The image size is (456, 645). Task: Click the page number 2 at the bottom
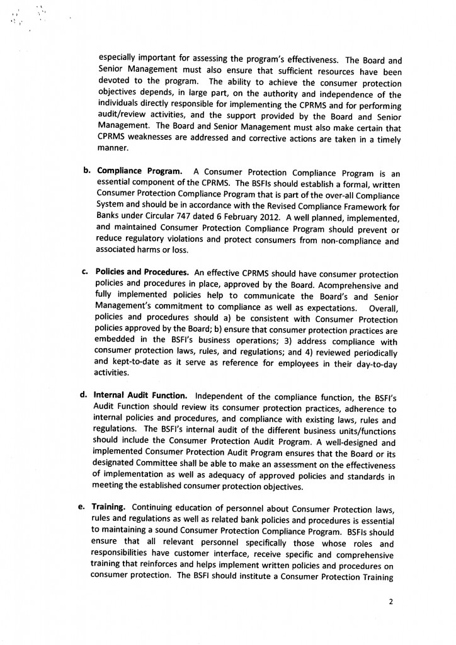coord(390,601)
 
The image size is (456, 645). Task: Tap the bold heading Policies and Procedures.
coord(142,274)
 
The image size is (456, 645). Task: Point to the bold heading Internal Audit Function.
coord(140,396)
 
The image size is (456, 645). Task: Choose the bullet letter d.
coord(83,396)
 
